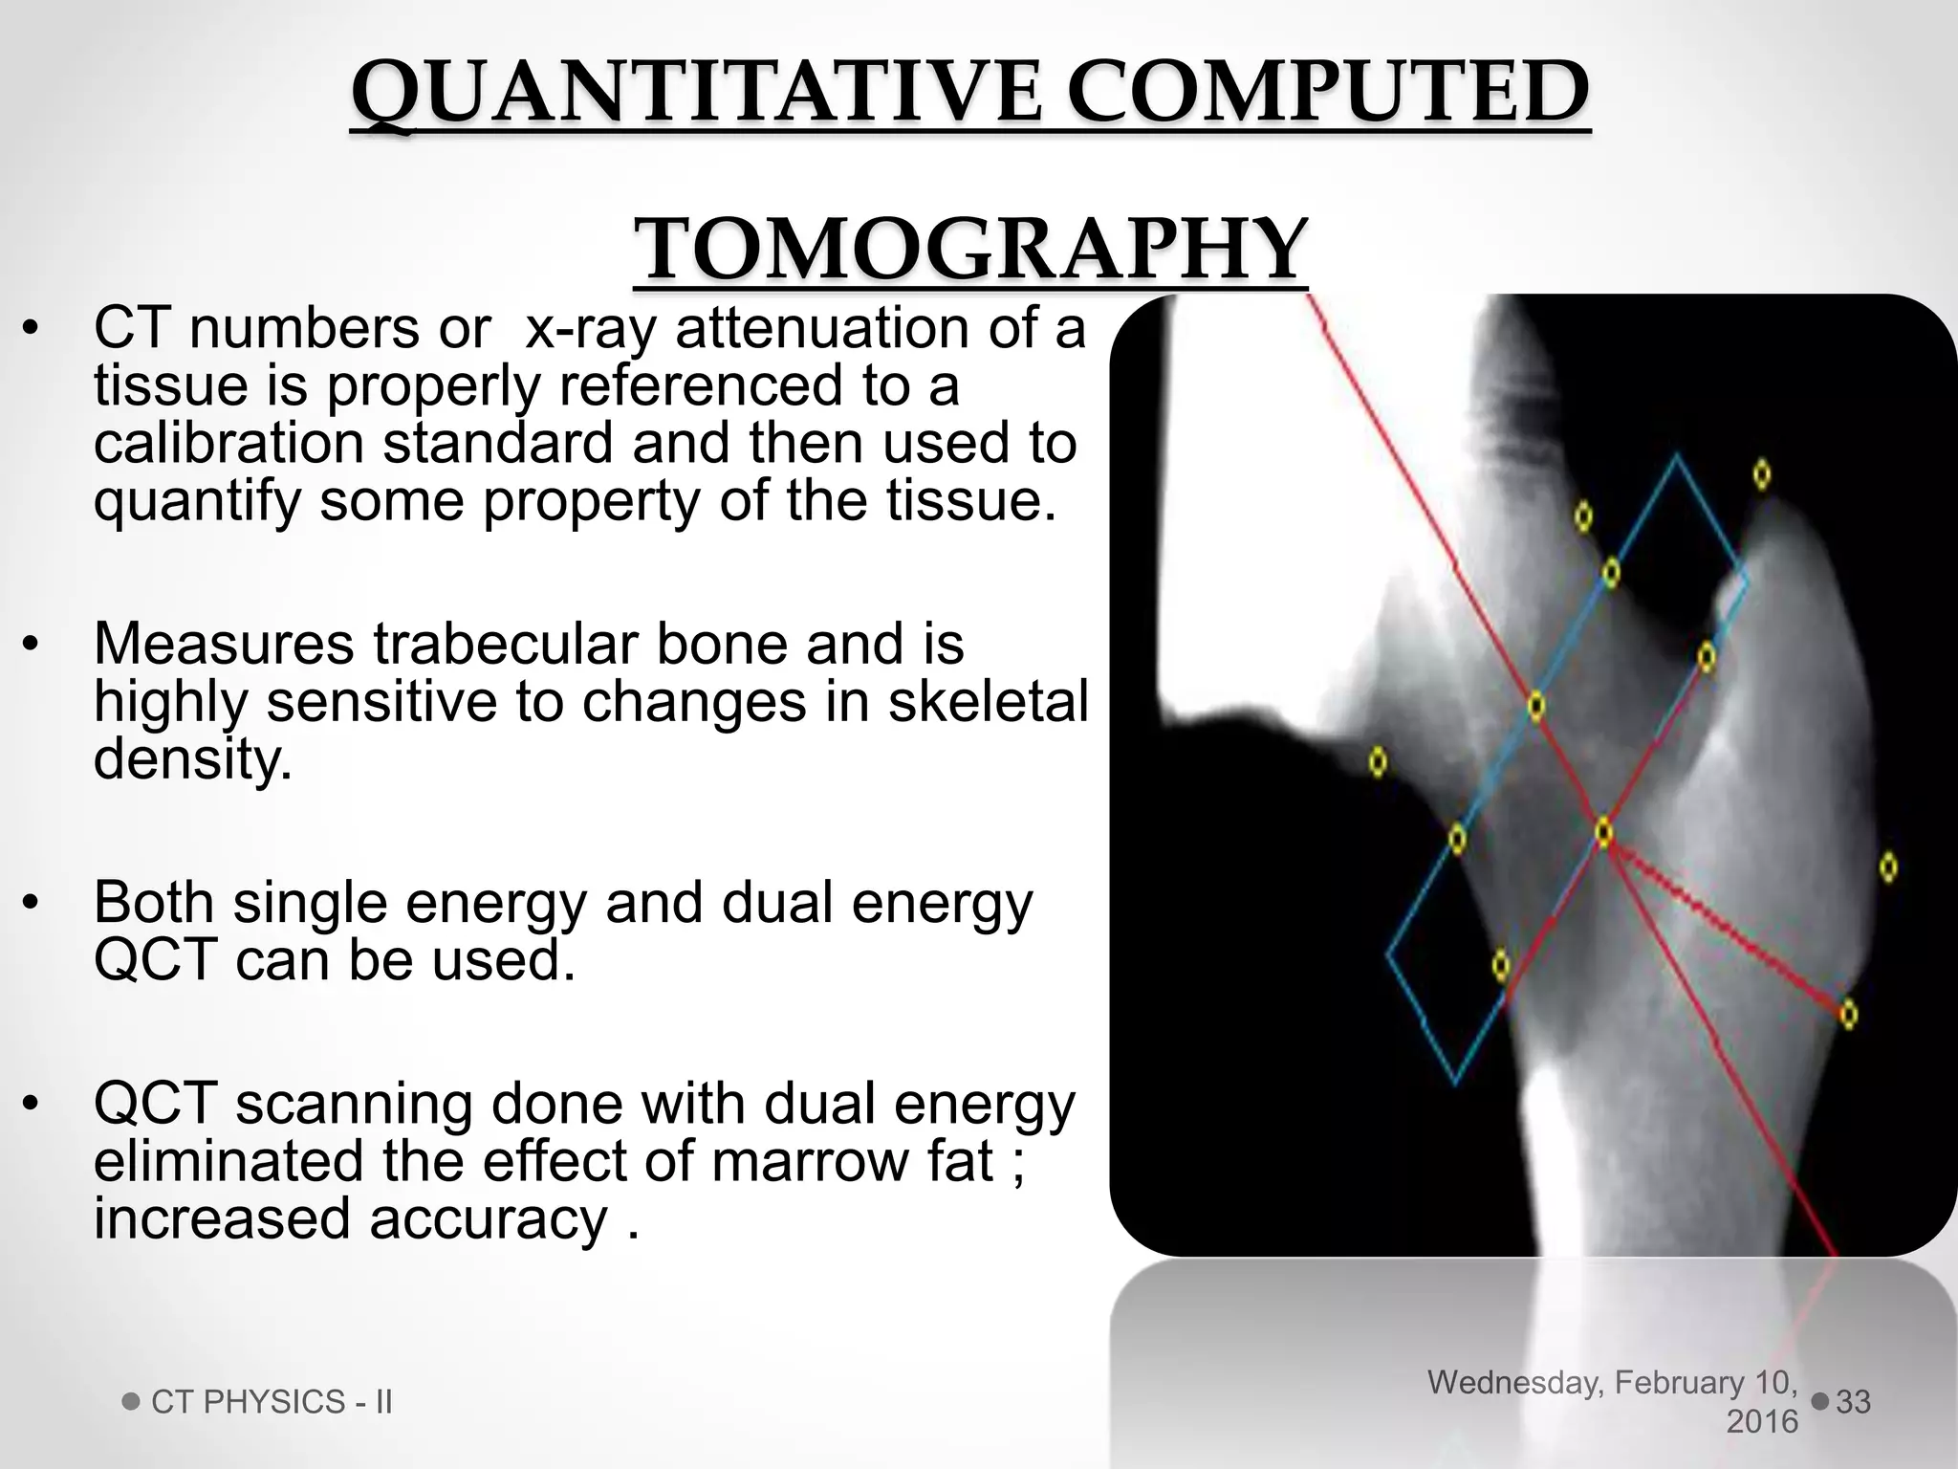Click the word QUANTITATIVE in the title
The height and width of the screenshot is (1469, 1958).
coord(696,94)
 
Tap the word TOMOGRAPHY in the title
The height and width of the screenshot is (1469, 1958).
coord(969,249)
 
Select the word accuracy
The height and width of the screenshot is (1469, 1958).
coord(489,1218)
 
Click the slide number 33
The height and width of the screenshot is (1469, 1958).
coord(1853,1402)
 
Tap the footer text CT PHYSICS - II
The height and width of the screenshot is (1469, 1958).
coord(272,1402)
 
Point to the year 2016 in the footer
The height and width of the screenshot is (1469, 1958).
coord(1762,1422)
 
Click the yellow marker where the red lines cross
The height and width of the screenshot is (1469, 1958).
coord(1604,832)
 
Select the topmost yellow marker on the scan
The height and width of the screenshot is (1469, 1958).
coord(1762,474)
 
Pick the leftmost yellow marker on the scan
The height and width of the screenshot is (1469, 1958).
coord(1378,762)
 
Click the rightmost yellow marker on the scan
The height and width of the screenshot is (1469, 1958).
coord(1888,867)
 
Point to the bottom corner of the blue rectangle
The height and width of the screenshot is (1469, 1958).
coord(1455,1084)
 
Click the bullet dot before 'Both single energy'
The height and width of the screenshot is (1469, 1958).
coord(31,902)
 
